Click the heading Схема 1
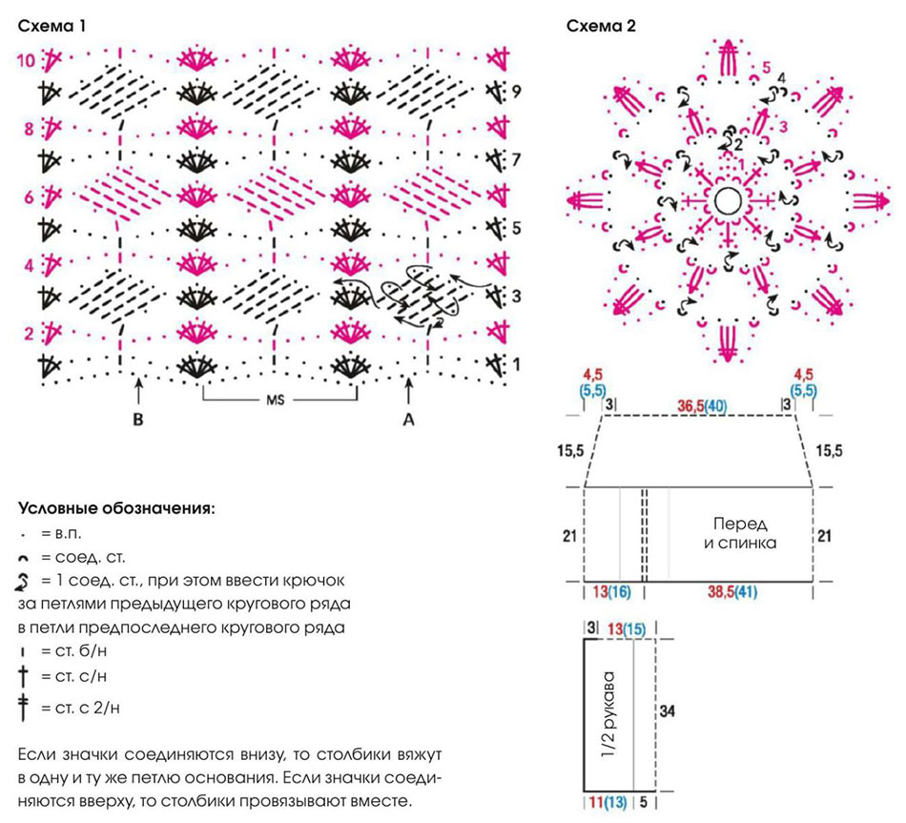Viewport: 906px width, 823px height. [52, 26]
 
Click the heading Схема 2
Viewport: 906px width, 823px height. [601, 26]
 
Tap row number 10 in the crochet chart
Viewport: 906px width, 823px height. [26, 60]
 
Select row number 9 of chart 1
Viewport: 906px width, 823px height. [516, 92]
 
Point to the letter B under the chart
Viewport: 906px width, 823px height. [137, 420]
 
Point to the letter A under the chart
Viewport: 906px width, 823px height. [408, 420]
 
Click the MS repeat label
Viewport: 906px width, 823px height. [276, 400]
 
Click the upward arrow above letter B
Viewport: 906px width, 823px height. [138, 391]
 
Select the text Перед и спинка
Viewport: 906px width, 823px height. [740, 533]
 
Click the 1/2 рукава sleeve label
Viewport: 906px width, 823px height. [608, 715]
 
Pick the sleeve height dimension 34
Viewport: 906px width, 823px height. [667, 710]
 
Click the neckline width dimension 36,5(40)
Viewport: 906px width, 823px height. [702, 406]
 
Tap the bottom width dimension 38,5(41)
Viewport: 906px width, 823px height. [732, 592]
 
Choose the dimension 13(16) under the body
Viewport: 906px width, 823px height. [611, 592]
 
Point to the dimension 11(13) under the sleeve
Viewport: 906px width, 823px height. [607, 802]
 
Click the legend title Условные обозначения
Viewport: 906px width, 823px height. [116, 509]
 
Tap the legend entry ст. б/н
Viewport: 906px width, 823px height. [81, 650]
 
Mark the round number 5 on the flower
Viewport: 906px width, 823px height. [766, 68]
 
